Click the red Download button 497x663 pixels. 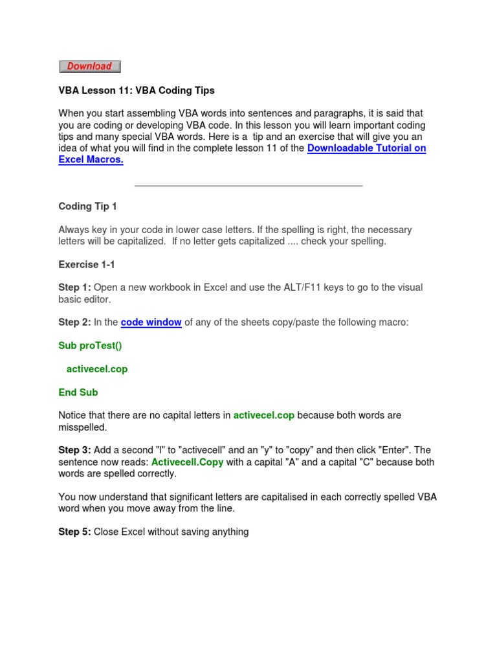click(x=89, y=66)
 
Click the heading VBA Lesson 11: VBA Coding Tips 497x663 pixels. click(x=136, y=90)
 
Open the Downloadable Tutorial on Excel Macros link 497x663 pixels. click(x=366, y=148)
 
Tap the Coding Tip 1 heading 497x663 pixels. click(x=87, y=207)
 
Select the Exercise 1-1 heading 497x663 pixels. click(x=87, y=264)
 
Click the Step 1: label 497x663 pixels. click(x=74, y=287)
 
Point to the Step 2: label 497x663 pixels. click(x=74, y=322)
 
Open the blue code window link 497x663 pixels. click(x=151, y=322)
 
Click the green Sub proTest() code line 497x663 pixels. click(x=90, y=346)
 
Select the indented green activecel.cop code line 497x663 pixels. click(x=97, y=369)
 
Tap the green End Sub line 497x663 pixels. click(x=78, y=392)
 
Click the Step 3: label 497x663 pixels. click(x=74, y=450)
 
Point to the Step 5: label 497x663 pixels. click(x=74, y=532)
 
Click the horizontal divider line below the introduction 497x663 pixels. click(x=248, y=186)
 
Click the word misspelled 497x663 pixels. click(x=82, y=427)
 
